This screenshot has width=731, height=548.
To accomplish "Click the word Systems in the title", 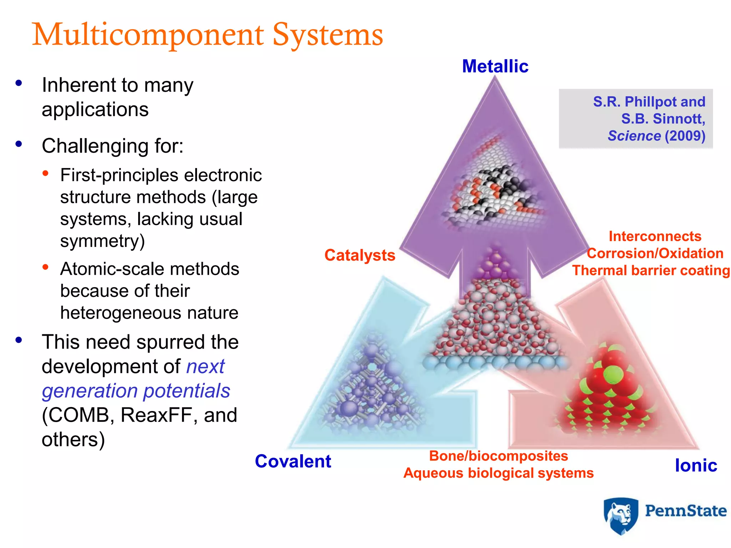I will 327,35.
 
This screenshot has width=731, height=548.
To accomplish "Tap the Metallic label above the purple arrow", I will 495,66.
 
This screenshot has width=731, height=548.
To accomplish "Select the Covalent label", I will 293,461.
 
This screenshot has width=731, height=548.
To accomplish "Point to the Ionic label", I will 696,465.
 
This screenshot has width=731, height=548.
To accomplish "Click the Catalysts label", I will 360,255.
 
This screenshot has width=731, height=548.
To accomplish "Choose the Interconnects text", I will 655,236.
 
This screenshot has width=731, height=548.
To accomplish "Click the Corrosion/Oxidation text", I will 655,253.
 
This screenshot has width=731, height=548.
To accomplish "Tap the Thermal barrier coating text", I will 651,270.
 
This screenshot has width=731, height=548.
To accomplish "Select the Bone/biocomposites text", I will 498,456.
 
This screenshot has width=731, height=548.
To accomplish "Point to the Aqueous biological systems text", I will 498,473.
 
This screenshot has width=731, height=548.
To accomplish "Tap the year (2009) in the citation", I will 685,136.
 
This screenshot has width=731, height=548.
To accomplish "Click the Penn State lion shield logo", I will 621,516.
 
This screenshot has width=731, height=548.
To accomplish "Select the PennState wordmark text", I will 685,511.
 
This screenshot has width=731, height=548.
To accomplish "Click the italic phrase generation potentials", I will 136,391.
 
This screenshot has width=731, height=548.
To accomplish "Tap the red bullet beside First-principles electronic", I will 45,174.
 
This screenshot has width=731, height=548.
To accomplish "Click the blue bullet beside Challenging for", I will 19,144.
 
